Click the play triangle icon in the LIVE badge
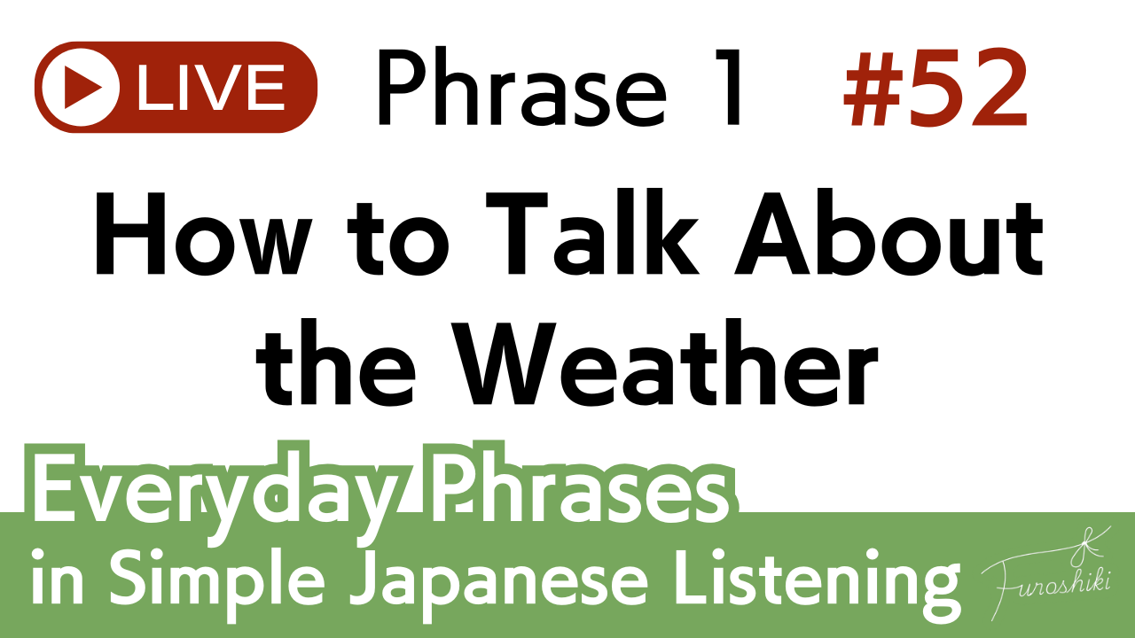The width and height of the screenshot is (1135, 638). (x=82, y=87)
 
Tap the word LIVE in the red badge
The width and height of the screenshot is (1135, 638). (x=211, y=87)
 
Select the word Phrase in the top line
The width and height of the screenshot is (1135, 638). (x=521, y=88)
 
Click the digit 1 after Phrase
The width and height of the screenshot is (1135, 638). (x=729, y=88)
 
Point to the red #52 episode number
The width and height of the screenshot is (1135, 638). (x=935, y=88)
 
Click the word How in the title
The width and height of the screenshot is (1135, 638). (x=201, y=234)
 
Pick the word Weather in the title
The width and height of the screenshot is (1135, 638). (x=665, y=362)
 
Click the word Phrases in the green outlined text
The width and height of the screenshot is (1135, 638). (x=578, y=486)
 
